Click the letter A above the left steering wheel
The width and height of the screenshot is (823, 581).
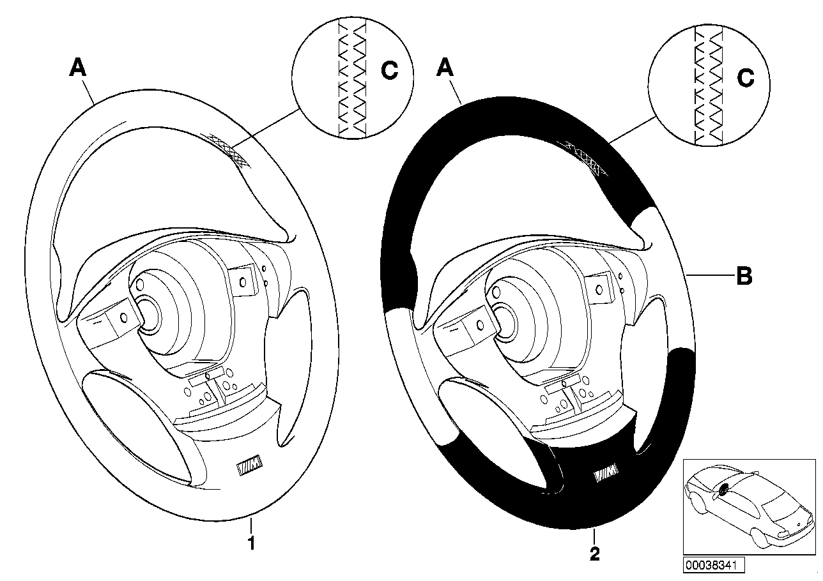(77, 68)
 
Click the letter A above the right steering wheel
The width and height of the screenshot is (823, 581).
(445, 68)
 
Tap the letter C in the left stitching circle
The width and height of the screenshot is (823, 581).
(389, 72)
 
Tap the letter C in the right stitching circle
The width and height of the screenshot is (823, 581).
(745, 78)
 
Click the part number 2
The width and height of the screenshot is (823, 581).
(595, 554)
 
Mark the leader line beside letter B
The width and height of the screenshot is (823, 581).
(710, 275)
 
